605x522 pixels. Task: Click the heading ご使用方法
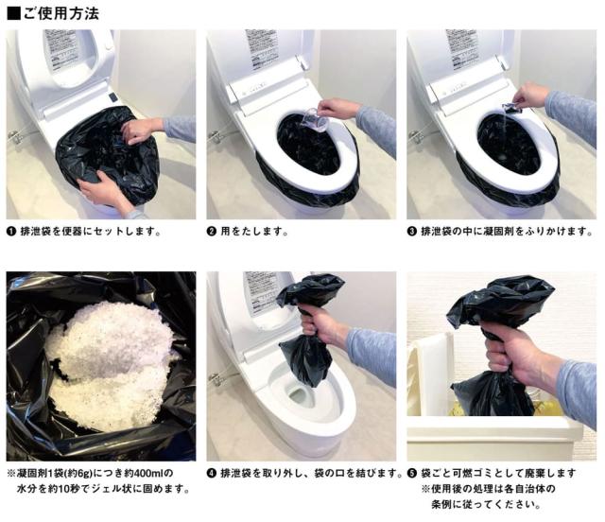point(61,14)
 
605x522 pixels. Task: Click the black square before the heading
point(14,14)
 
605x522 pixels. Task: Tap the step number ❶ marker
point(11,232)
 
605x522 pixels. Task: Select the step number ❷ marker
point(212,232)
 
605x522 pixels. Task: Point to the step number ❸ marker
point(412,232)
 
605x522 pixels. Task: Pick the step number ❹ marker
point(212,474)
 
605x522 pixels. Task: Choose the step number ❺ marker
point(412,474)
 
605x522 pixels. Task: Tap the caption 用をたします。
point(254,232)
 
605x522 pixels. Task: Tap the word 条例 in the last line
point(441,505)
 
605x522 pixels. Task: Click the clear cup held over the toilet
point(316,120)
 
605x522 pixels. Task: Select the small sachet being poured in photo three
point(511,109)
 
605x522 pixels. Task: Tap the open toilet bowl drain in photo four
point(298,396)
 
